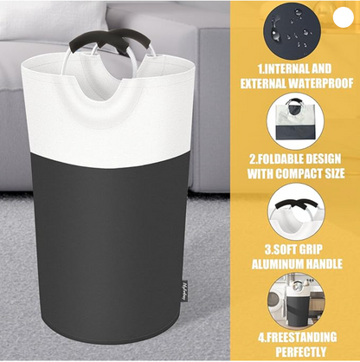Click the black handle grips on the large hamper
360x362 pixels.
112,42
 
